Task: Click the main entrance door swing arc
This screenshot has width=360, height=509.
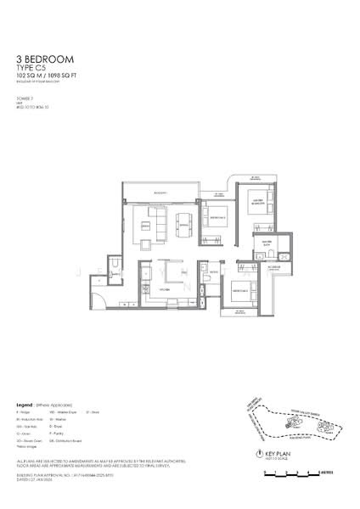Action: point(101,296)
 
